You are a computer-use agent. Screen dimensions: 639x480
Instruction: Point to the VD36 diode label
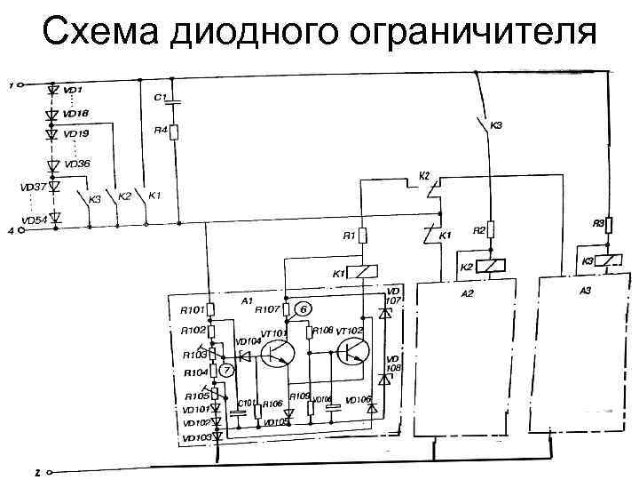point(78,164)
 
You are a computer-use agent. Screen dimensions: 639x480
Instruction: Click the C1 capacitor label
point(160,98)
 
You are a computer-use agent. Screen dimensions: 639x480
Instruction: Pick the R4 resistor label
point(161,131)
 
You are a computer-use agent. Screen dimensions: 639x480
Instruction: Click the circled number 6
point(304,308)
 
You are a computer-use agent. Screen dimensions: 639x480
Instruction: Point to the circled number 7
point(226,369)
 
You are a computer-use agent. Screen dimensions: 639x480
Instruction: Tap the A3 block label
point(584,291)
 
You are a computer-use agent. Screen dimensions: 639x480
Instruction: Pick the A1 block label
point(247,301)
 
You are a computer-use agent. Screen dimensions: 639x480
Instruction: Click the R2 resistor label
point(478,230)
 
